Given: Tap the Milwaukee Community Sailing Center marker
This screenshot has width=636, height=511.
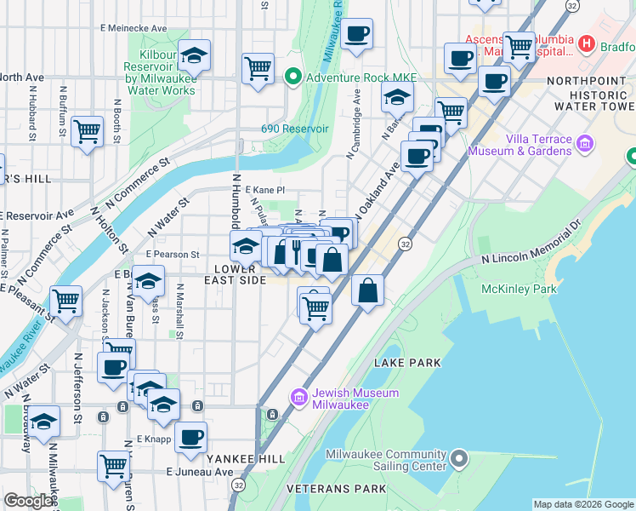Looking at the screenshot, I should [459, 460].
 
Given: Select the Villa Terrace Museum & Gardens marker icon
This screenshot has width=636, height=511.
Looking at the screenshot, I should [584, 145].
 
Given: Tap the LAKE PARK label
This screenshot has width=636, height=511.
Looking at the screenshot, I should [407, 363].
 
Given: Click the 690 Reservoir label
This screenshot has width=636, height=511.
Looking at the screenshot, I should [294, 129].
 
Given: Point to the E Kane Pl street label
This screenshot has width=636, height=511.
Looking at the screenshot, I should [264, 190].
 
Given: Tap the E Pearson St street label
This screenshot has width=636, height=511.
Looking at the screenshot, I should [172, 254].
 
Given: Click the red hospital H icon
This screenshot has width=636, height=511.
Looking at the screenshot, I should [585, 43].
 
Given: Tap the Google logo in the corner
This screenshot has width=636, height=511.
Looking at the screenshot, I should [28, 502].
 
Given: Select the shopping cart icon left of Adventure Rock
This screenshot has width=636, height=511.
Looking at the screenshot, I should [258, 68].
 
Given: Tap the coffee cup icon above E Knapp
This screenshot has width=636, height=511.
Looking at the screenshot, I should [191, 438].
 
